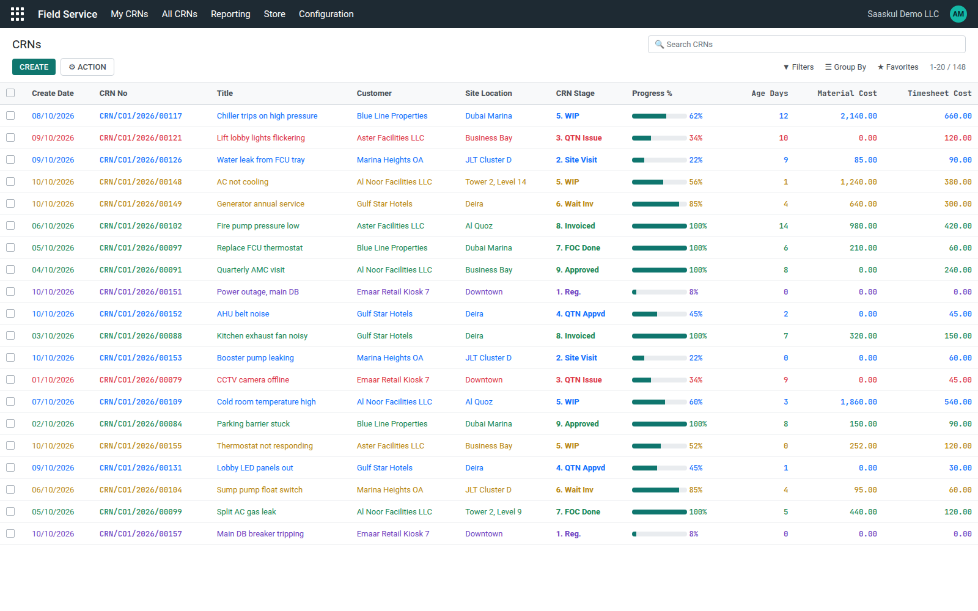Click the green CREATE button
point(34,67)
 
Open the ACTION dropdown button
point(87,67)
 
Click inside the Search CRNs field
point(806,44)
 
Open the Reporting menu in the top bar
point(230,14)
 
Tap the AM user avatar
point(958,14)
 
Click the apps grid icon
point(18,14)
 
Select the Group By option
point(845,67)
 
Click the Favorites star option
point(898,67)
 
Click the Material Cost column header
point(847,93)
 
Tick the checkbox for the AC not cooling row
point(10,181)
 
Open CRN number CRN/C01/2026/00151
point(141,291)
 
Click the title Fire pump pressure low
point(258,225)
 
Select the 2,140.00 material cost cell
point(858,115)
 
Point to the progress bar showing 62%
point(660,116)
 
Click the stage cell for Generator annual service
point(575,204)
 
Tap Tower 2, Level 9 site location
point(493,511)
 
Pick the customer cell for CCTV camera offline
point(393,379)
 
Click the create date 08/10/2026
point(53,115)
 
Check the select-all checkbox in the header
point(10,93)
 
